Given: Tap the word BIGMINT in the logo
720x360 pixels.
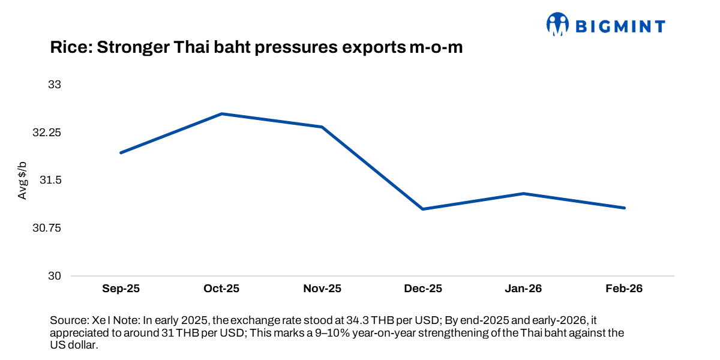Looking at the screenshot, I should (620, 26).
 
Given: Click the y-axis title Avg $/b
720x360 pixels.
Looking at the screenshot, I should (22, 181).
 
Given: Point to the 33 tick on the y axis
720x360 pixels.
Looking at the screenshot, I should (55, 85).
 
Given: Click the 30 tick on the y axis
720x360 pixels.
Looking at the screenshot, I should (55, 277).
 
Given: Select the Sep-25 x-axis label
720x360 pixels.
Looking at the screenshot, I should (121, 289).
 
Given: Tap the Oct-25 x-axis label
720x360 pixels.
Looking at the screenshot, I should (221, 289).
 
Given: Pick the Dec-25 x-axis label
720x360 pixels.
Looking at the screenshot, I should (423, 289).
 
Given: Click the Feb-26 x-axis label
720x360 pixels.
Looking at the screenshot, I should (625, 289).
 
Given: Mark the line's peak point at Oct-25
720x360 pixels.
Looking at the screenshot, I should (221, 113).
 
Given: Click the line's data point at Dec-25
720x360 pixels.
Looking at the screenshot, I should (423, 209).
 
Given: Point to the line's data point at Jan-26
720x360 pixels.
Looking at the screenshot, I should (524, 193).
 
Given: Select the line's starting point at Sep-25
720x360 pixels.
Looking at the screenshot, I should (121, 153).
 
